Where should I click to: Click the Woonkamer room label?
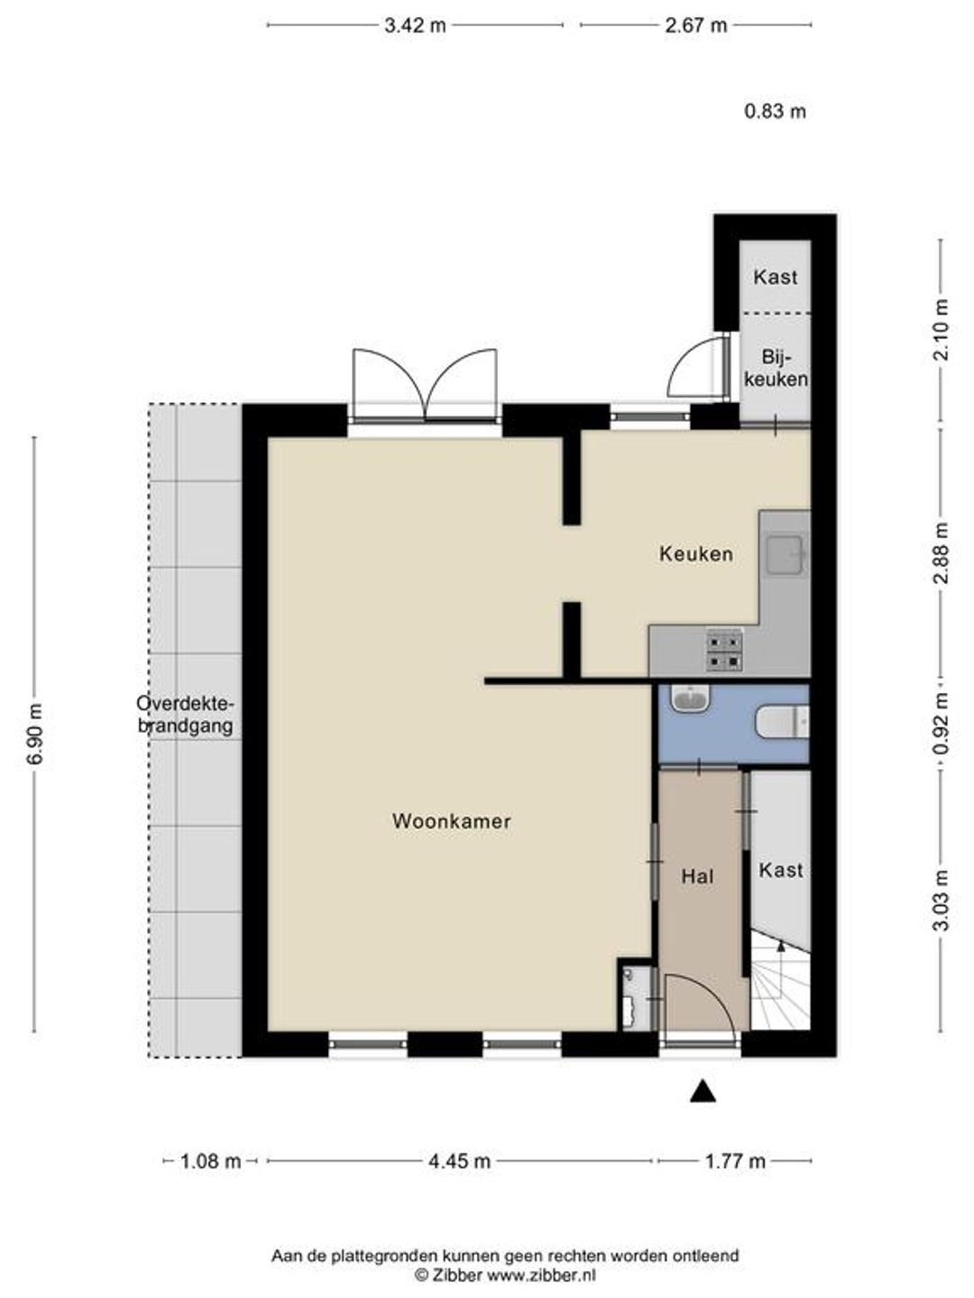451,821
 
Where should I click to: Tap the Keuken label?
696,554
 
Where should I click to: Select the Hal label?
697,876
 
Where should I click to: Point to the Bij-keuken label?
776,368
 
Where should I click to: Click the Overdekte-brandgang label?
186,715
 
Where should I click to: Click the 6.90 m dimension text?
34,735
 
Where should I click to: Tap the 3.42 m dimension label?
415,25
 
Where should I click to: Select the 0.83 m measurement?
775,111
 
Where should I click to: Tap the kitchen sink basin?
785,554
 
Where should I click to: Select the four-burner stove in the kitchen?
724,651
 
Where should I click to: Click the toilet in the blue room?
782,722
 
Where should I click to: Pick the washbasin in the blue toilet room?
690,698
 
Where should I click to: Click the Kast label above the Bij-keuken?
775,277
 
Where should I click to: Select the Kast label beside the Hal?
781,870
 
